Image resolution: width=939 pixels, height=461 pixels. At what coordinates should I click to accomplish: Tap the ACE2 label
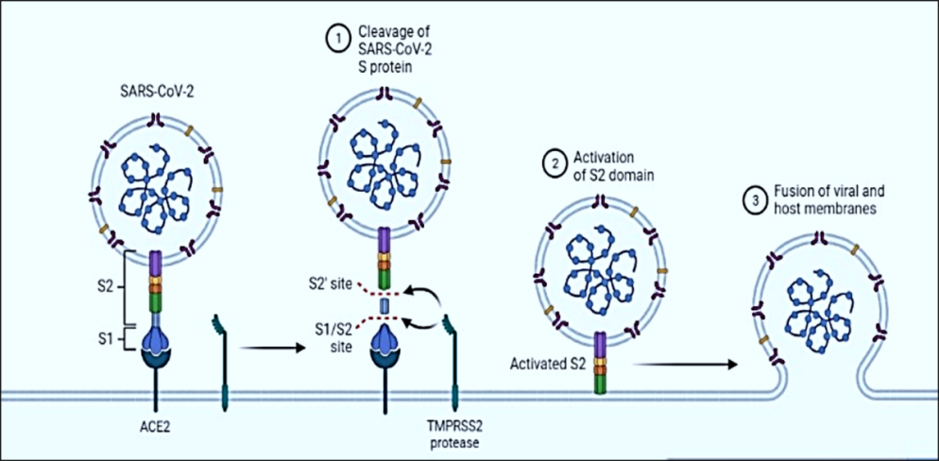click(152, 427)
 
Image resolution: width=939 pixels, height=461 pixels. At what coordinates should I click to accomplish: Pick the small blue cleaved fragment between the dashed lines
click(384, 308)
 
